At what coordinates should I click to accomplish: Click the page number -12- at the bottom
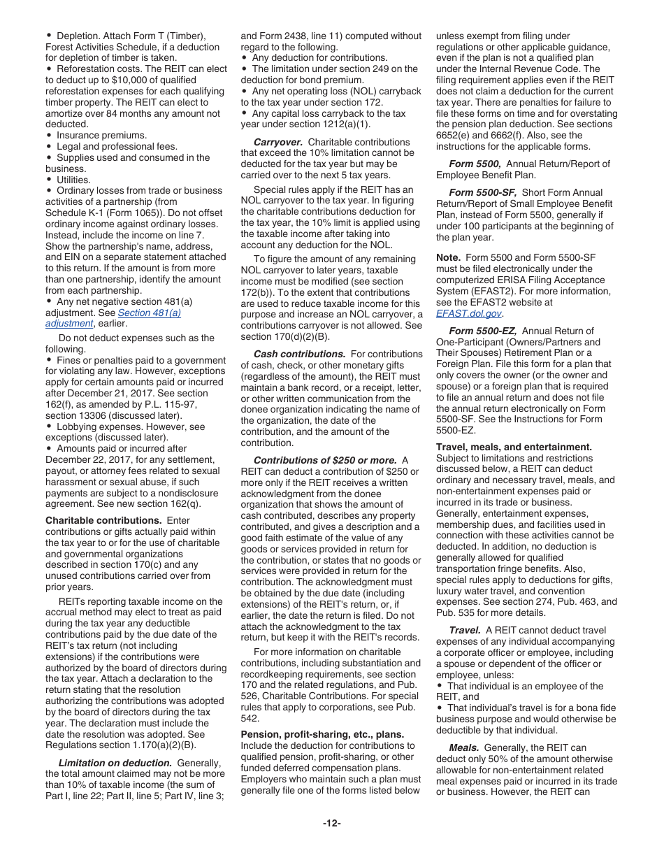coord(331,823)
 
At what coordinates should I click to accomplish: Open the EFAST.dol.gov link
coord(468,314)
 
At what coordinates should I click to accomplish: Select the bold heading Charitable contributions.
coord(103,520)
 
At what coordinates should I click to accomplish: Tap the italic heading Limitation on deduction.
coord(115,763)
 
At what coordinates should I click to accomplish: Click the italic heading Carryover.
coord(277,142)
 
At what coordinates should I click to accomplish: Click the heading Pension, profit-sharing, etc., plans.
coord(322,734)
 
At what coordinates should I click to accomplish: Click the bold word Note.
coord(449,258)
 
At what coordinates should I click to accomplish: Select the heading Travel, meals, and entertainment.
coord(514,447)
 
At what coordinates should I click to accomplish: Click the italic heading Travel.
coord(464,630)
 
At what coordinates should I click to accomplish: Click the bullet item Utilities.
coord(73,180)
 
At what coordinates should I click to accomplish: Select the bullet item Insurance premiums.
coord(101,135)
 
